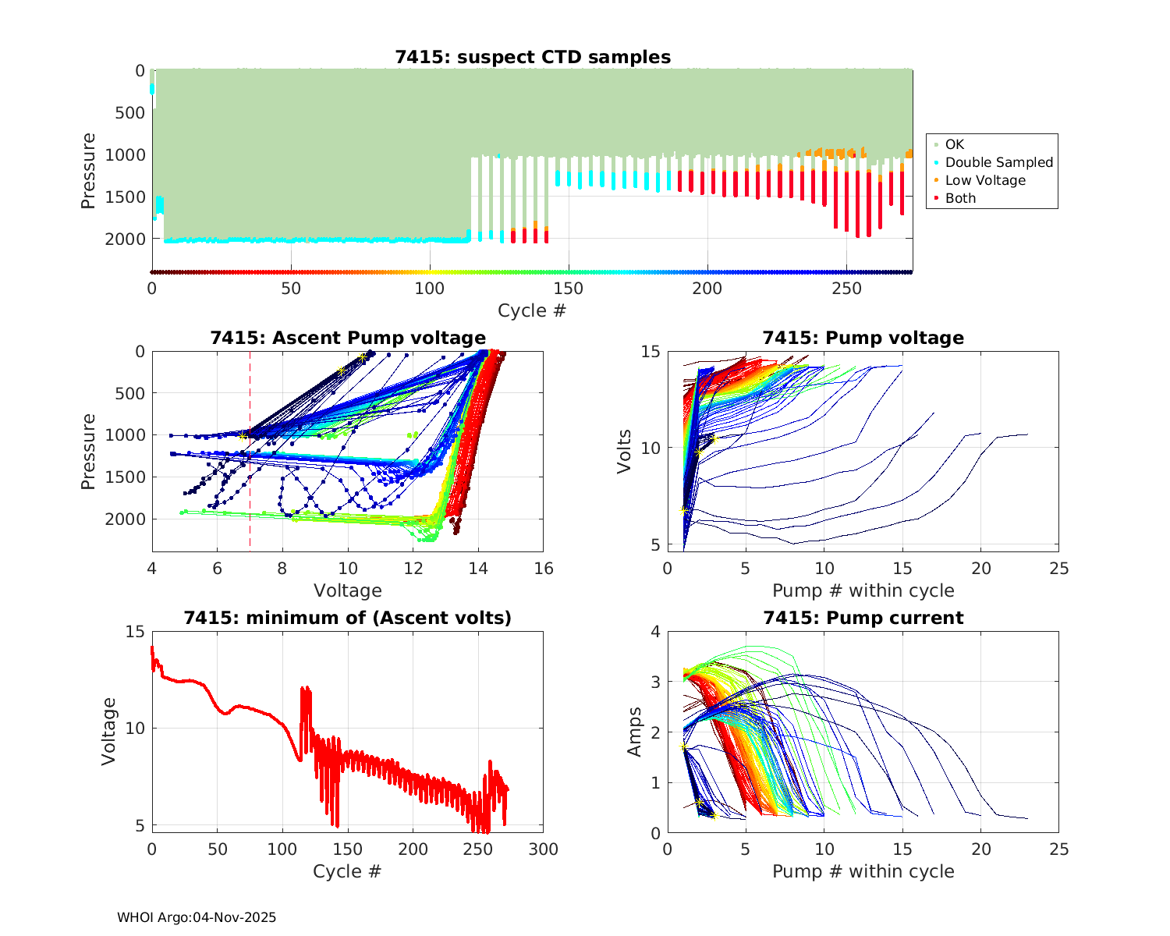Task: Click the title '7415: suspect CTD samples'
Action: pyautogui.click(x=533, y=57)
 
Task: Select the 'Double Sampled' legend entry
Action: pyautogui.click(x=998, y=162)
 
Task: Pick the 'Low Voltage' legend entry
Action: pyautogui.click(x=984, y=180)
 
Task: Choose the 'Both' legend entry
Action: pyautogui.click(x=960, y=198)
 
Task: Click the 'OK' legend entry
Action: pyautogui.click(x=954, y=144)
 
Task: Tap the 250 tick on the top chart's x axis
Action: pyautogui.click(x=847, y=289)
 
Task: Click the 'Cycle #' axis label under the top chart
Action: pyautogui.click(x=532, y=310)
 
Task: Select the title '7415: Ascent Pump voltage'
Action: pyautogui.click(x=348, y=338)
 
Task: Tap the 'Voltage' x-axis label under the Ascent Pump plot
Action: pyautogui.click(x=348, y=590)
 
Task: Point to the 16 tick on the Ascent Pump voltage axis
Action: pyautogui.click(x=544, y=569)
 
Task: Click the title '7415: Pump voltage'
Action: pyautogui.click(x=863, y=338)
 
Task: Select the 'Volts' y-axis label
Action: pyautogui.click(x=624, y=448)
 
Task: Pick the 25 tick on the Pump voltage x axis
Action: pyautogui.click(x=1058, y=569)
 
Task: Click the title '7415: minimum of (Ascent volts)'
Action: pyautogui.click(x=348, y=618)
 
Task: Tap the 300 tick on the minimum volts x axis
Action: pyautogui.click(x=544, y=849)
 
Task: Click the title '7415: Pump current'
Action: pyautogui.click(x=863, y=618)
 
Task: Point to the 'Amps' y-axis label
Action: pyautogui.click(x=635, y=732)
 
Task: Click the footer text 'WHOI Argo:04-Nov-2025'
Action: pyautogui.click(x=197, y=917)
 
